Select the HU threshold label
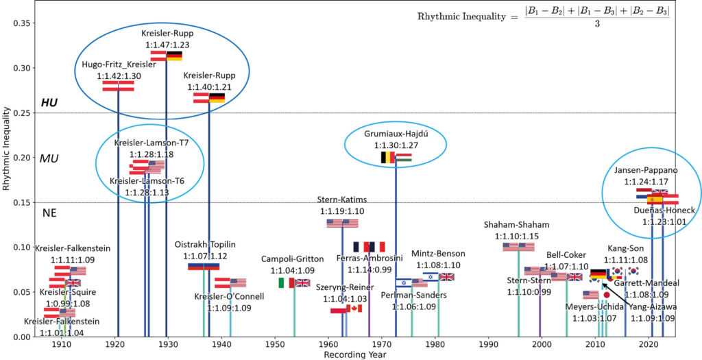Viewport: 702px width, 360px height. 49,102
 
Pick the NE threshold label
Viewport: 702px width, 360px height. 49,213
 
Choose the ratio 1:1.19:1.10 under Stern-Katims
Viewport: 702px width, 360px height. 341,211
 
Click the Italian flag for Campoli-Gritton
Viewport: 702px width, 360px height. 286,283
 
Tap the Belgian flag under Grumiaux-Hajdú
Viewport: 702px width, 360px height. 387,158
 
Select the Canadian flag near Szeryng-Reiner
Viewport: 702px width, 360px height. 354,309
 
